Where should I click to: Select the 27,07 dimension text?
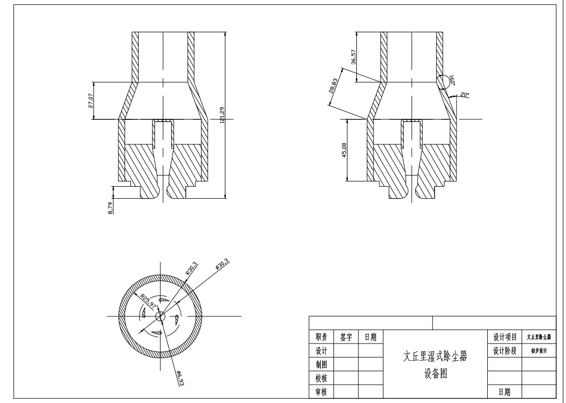click(90, 101)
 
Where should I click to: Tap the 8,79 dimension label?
click(110, 209)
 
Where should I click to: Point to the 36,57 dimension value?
click(353, 57)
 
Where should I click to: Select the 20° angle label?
click(465, 94)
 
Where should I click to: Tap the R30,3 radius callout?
click(191, 272)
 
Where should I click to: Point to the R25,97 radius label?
click(149, 301)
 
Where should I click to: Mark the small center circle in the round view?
click(160, 316)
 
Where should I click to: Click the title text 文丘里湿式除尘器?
click(435, 357)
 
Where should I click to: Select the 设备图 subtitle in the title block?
click(435, 374)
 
